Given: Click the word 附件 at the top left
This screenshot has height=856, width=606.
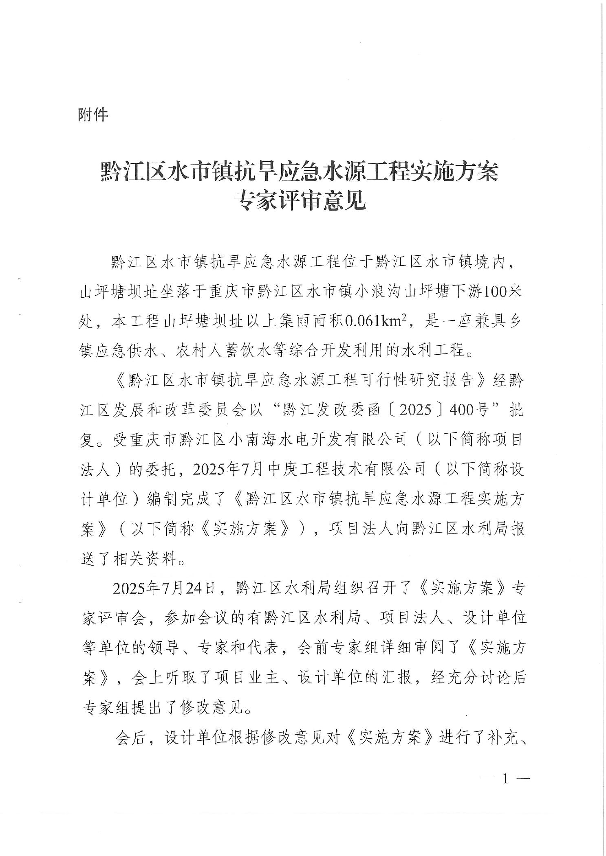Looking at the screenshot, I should click(x=93, y=115).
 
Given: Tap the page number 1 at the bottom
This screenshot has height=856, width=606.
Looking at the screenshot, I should click(x=506, y=779).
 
